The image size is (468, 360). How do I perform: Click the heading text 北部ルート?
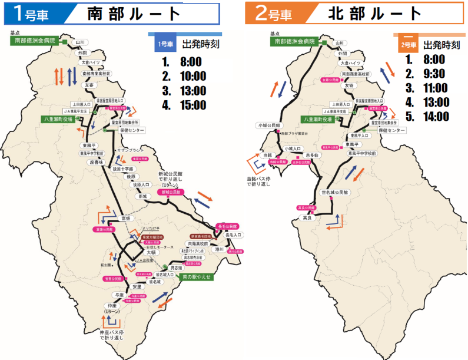[x=374, y=14]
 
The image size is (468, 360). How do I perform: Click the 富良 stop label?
[x=306, y=217]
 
